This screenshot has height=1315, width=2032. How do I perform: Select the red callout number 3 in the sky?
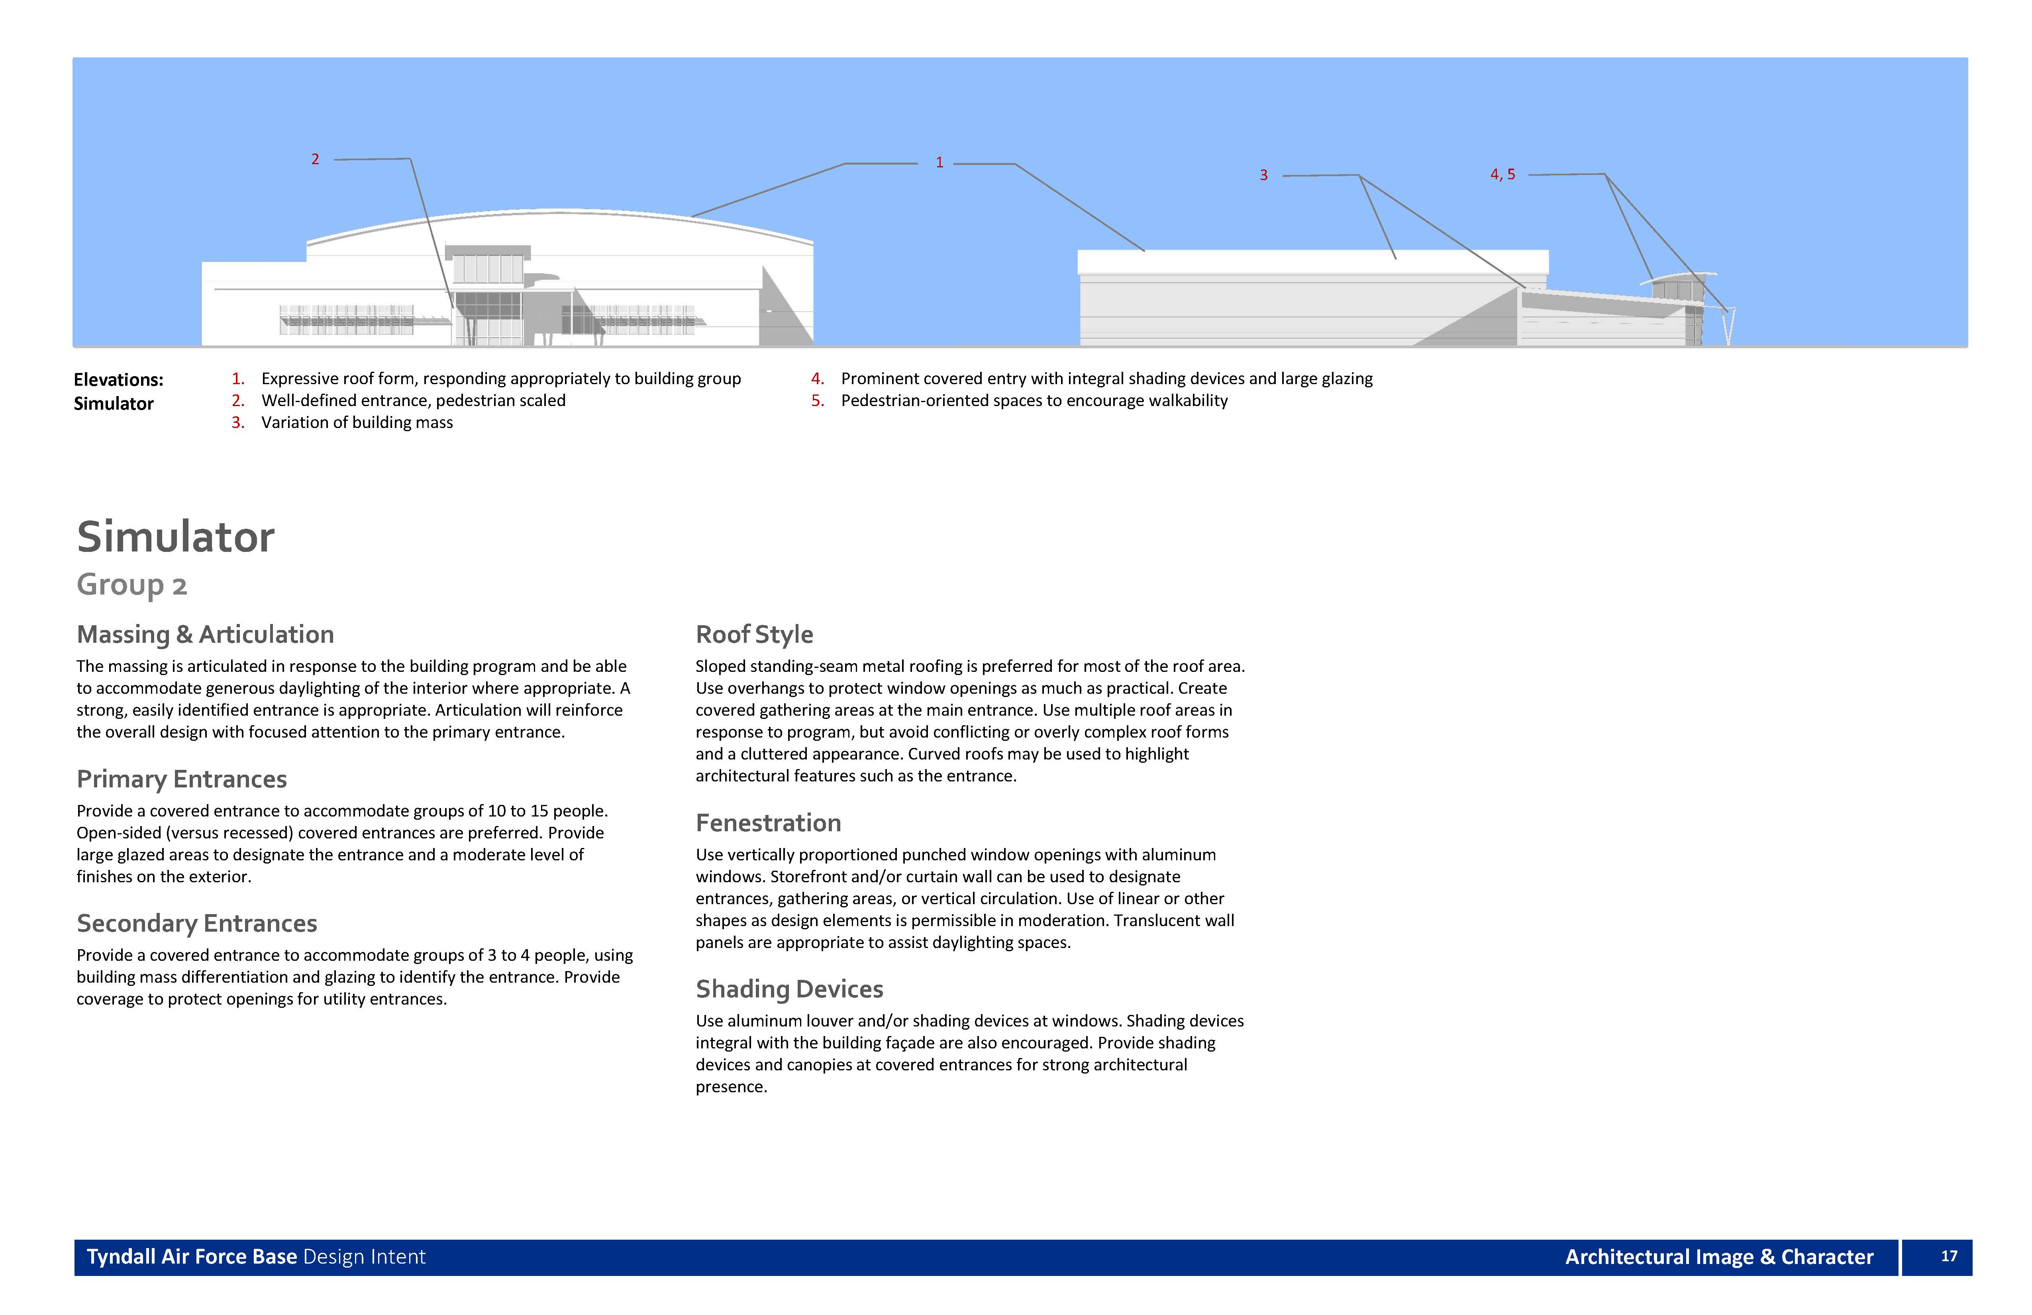click(x=1263, y=175)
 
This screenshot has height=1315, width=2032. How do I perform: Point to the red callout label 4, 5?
click(x=1502, y=174)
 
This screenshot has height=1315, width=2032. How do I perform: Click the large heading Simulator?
click(x=176, y=537)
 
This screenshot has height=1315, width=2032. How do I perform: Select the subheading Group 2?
click(x=131, y=585)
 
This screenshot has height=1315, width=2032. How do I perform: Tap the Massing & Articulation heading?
click(x=205, y=634)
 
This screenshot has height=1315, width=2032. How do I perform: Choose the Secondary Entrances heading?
click(x=196, y=923)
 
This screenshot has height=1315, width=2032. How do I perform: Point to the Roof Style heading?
click(x=754, y=634)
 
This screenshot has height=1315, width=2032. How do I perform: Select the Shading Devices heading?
click(x=789, y=989)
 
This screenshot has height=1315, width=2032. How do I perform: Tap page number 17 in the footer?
click(x=1949, y=1256)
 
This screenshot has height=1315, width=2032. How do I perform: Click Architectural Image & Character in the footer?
click(x=1719, y=1257)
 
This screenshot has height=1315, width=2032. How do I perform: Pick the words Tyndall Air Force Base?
click(x=192, y=1257)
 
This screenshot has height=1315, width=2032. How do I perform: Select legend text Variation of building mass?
click(x=357, y=423)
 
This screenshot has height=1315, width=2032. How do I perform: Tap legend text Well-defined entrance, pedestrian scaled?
click(x=413, y=400)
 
